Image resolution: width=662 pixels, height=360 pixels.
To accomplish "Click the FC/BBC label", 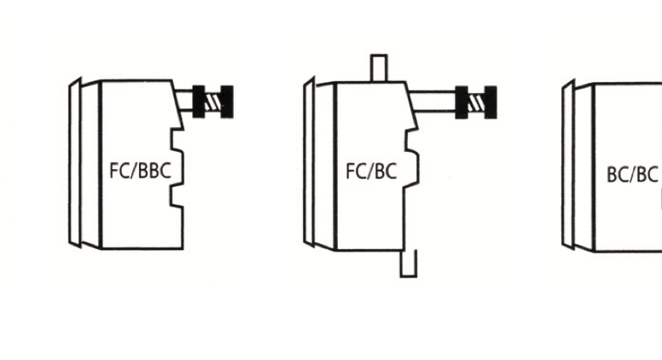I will click(x=140, y=170).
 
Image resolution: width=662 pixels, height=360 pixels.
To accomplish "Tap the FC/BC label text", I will click(x=371, y=171).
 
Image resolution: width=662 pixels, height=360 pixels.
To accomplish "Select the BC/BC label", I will click(x=632, y=175).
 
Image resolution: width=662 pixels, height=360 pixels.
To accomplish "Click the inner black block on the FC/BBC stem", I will click(x=200, y=102).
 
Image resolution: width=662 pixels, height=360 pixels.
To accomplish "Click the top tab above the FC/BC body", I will click(x=379, y=68).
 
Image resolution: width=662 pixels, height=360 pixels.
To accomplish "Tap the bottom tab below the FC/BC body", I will click(x=408, y=263).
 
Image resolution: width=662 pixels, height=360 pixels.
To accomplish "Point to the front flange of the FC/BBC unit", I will click(x=75, y=164).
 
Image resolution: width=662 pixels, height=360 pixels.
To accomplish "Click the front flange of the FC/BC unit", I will click(x=309, y=164).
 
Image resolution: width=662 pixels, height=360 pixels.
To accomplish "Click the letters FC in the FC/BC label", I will click(x=355, y=171).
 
